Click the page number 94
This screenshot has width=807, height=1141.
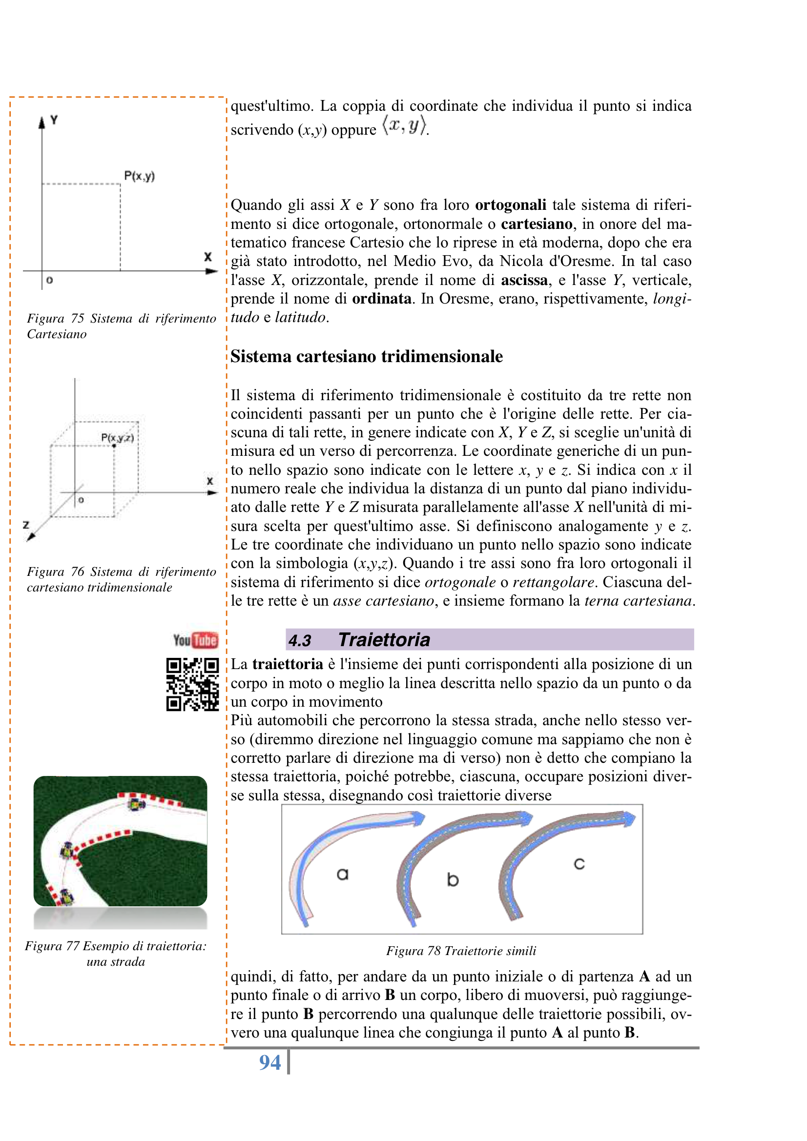tap(270, 1062)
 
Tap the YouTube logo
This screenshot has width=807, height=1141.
tap(195, 640)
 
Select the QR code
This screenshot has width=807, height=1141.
tap(192, 684)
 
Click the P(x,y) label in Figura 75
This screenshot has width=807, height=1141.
tap(139, 176)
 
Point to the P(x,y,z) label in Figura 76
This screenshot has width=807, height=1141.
tap(117, 437)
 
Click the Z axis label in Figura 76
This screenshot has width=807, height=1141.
tap(26, 525)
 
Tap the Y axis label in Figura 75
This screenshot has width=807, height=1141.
tap(54, 120)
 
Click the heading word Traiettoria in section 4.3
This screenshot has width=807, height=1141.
tap(384, 640)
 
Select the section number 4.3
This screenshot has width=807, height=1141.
tap(300, 641)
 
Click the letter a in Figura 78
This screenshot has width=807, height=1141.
tap(343, 874)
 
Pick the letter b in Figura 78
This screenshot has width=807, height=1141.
tap(453, 879)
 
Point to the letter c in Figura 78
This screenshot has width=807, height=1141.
tap(579, 864)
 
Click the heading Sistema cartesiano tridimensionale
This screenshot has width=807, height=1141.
tap(367, 356)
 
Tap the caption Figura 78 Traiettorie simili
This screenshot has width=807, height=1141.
tap(461, 951)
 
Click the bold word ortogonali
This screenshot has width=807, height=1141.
tap(511, 205)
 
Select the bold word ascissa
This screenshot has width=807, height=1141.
tap(524, 280)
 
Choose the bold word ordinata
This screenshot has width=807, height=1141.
tap(381, 299)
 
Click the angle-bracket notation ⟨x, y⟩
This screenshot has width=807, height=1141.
tap(404, 125)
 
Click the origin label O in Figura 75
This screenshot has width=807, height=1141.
tap(49, 280)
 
